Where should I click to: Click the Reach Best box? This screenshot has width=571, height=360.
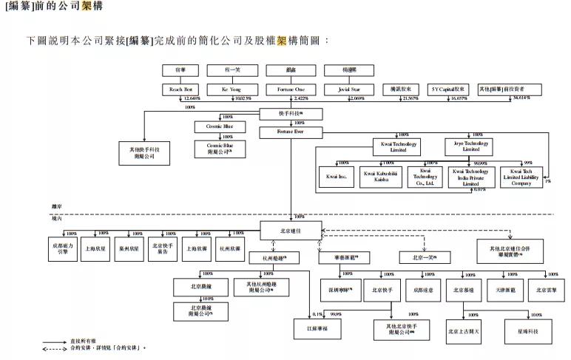(181, 89)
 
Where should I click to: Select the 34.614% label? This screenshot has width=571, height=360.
(521, 98)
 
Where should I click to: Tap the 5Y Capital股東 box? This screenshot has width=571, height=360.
(450, 89)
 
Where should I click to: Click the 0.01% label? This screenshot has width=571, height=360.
(479, 189)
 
